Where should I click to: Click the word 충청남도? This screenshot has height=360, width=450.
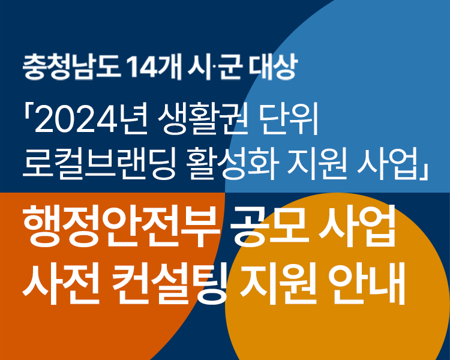coord(71,67)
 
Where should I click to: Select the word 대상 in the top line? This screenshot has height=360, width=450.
coord(272,67)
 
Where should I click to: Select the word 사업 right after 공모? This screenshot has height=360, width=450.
coord(358,227)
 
